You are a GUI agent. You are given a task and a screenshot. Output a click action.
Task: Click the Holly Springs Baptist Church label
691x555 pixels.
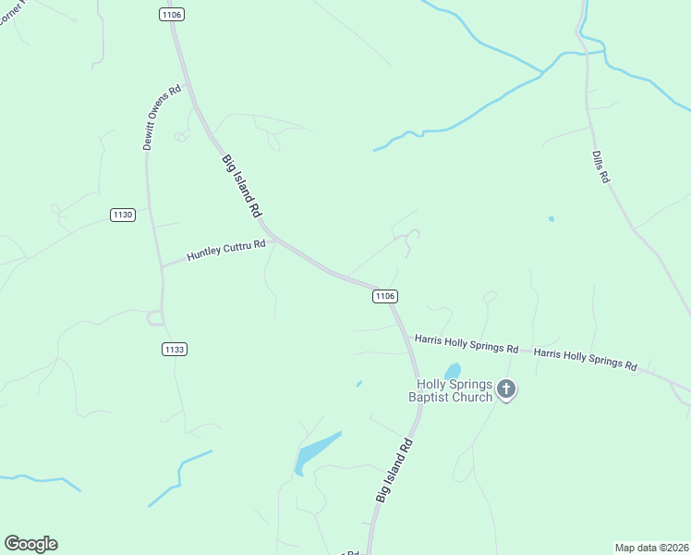pos(452,390)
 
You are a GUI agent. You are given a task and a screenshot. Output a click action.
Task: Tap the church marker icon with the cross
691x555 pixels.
pos(505,388)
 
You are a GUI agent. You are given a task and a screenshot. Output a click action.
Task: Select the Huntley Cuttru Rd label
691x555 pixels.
pos(226,250)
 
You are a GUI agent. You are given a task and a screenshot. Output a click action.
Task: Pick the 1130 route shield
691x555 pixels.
pos(122,215)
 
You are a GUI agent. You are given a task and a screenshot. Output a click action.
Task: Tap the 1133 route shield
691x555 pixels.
pos(174,349)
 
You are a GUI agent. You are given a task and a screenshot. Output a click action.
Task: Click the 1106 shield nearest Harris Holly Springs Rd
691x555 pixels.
pos(385,296)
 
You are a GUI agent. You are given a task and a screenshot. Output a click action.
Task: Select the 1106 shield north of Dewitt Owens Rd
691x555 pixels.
pos(171,14)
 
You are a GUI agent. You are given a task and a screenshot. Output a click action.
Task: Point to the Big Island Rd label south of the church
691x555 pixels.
pos(394,471)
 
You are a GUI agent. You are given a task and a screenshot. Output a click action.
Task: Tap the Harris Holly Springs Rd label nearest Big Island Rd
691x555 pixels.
pos(466,344)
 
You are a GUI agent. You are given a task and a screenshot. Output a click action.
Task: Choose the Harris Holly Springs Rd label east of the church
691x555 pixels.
pos(586,359)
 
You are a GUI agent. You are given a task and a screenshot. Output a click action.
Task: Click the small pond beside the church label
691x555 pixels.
pos(453,371)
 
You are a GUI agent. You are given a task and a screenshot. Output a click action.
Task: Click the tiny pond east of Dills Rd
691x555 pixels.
pos(552,219)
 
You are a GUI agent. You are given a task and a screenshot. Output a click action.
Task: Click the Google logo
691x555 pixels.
pos(30,544)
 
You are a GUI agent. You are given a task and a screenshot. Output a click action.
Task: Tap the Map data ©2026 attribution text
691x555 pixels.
pos(651,547)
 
